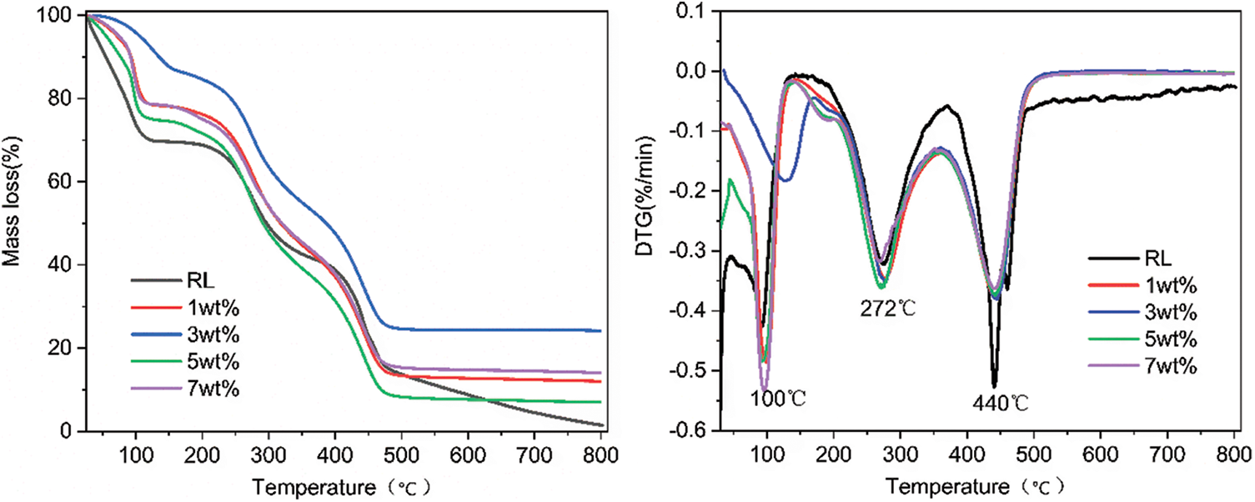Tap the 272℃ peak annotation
pyautogui.click(x=888, y=309)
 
